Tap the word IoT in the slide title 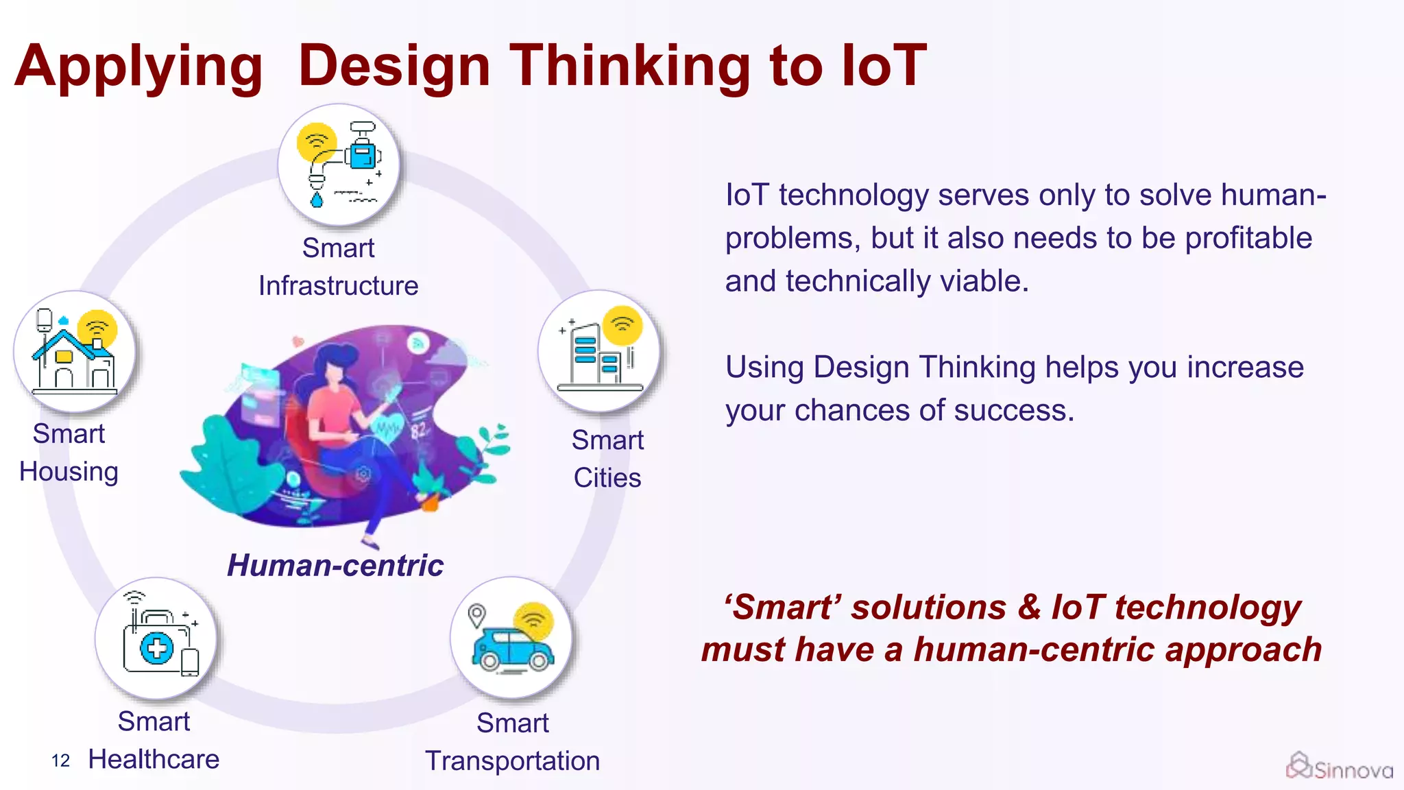coord(884,66)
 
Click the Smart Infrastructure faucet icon coord(338,165)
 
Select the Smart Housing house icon coord(74,351)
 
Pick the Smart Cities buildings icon coord(598,350)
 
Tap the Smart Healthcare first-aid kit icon coord(156,638)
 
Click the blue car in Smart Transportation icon coord(511,649)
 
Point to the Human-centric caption coord(335,566)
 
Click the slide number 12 coord(60,761)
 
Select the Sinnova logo coord(1338,767)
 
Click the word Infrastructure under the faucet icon coord(338,286)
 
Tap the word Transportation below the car coord(512,761)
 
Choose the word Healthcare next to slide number coord(154,760)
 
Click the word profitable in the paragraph coord(1248,239)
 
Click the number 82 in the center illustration coord(419,431)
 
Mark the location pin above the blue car coord(476,614)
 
